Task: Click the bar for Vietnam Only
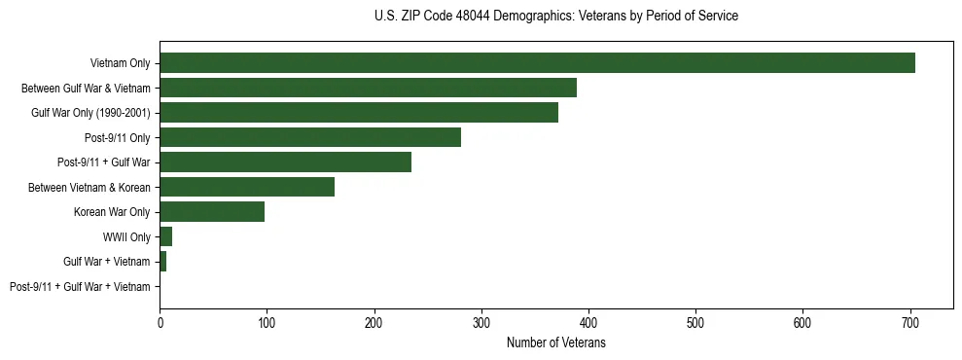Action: click(x=537, y=63)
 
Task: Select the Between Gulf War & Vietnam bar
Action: click(x=368, y=88)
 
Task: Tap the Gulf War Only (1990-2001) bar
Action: click(x=359, y=113)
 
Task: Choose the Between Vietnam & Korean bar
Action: click(x=247, y=187)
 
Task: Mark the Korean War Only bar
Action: click(x=212, y=212)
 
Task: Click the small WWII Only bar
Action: click(x=166, y=236)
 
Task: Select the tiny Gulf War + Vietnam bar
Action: click(x=163, y=262)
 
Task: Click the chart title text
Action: click(x=556, y=17)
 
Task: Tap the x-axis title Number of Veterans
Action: click(x=556, y=343)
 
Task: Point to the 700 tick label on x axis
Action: click(x=910, y=322)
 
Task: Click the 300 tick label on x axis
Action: click(x=481, y=322)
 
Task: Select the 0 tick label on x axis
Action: click(x=160, y=322)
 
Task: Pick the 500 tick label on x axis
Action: click(x=695, y=322)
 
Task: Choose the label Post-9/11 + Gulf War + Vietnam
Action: click(x=80, y=286)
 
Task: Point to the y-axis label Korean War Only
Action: click(x=112, y=212)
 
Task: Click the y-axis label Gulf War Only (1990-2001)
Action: click(x=90, y=113)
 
